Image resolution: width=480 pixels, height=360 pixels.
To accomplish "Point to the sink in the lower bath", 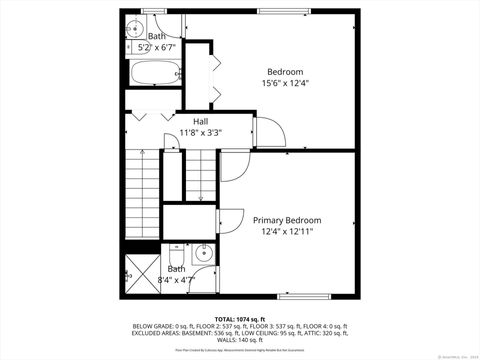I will pyautogui.click(x=202, y=255).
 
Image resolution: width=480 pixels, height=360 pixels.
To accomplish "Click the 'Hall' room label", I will pyautogui.click(x=186, y=120).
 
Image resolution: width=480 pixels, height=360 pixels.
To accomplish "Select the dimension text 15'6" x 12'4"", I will pyautogui.click(x=286, y=83).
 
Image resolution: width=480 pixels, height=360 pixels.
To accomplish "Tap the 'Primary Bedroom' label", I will pyautogui.click(x=287, y=220).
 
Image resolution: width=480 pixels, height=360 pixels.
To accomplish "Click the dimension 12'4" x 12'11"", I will pyautogui.click(x=288, y=232).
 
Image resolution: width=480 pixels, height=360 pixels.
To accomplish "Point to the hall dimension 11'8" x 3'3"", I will pyautogui.click(x=201, y=132).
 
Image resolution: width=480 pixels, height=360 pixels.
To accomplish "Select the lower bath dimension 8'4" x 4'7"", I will pyautogui.click(x=176, y=280).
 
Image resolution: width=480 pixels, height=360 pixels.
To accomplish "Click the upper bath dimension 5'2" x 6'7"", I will pyautogui.click(x=154, y=47).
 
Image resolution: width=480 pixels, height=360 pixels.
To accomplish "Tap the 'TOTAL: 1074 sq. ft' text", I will pyautogui.click(x=239, y=319).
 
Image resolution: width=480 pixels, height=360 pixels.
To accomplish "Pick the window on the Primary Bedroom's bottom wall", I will pyautogui.click(x=305, y=296).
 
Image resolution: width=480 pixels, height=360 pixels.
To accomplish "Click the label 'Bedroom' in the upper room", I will pyautogui.click(x=285, y=71).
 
